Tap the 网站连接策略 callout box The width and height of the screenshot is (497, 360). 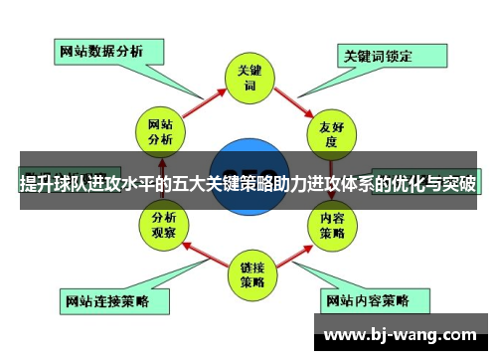point(105,299)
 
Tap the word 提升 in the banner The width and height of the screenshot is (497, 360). point(37,184)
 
